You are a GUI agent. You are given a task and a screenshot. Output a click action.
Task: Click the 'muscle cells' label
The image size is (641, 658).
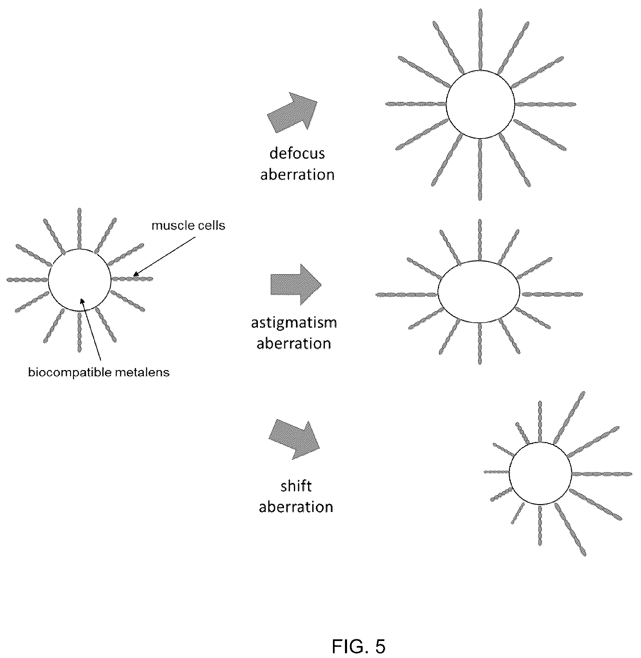tap(188, 225)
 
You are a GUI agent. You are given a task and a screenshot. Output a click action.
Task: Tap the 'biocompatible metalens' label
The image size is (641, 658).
tap(99, 372)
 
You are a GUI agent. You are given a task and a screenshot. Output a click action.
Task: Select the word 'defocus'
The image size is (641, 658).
tap(297, 153)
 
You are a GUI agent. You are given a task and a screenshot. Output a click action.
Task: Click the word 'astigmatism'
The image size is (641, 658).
tap(294, 322)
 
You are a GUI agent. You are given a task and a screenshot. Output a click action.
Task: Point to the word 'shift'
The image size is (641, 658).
tap(296, 486)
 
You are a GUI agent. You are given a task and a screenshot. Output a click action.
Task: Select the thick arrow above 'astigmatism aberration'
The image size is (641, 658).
tap(296, 285)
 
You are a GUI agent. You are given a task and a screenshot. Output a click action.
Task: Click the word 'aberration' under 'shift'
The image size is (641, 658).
tap(296, 507)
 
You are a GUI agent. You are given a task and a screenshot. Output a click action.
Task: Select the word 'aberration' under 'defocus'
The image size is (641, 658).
tap(297, 174)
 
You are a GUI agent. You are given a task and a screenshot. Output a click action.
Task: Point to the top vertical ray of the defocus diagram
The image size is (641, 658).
tap(480, 39)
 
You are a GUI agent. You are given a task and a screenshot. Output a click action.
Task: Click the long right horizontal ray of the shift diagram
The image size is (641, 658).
tap(602, 473)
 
